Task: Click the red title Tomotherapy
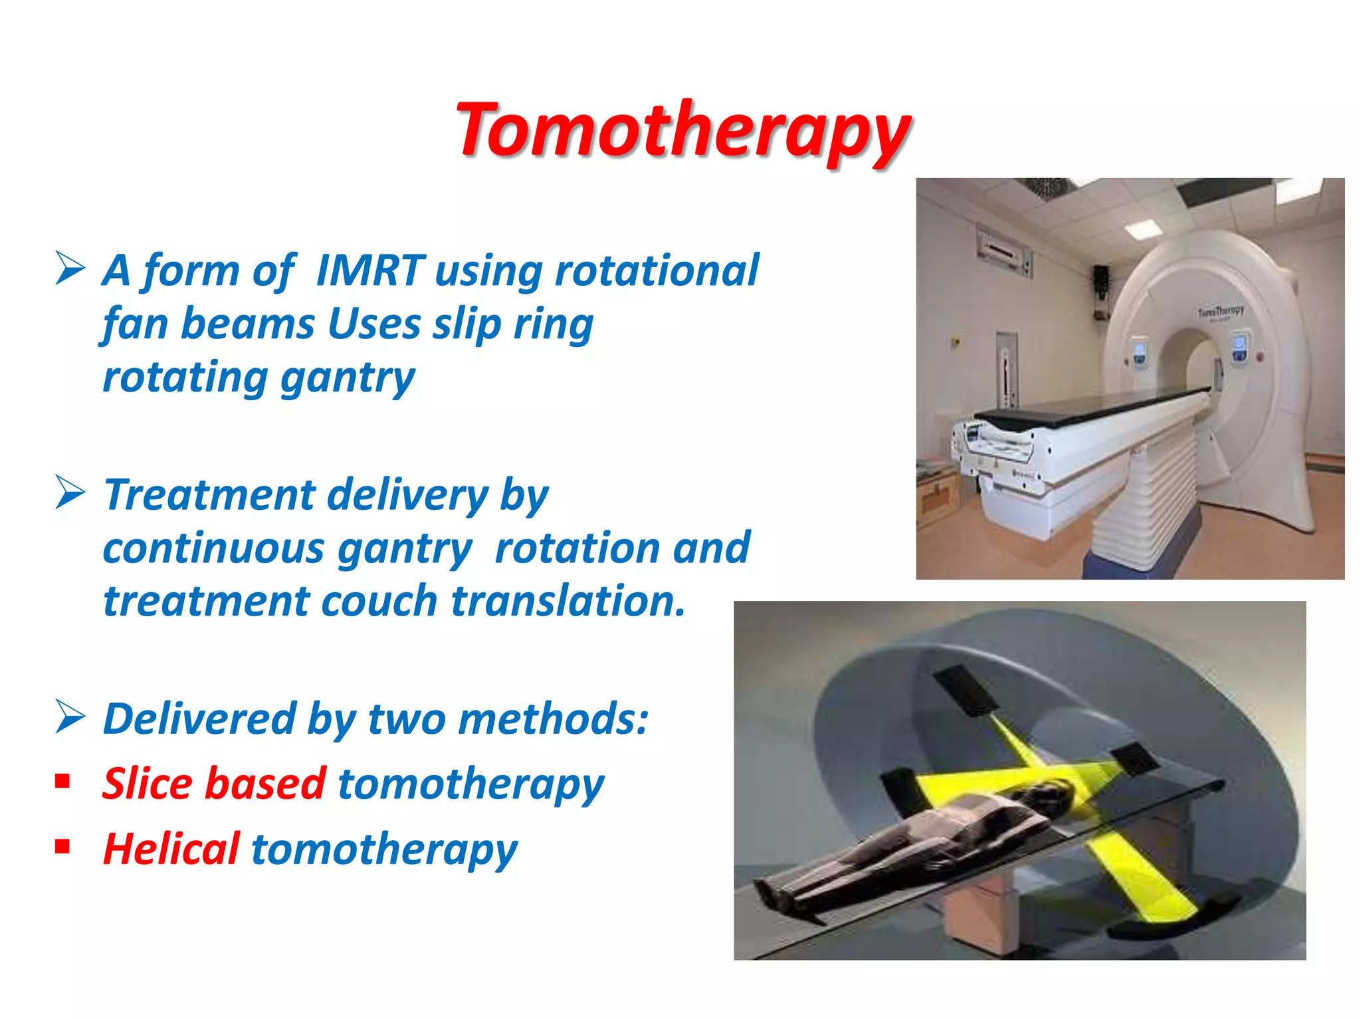[683, 130]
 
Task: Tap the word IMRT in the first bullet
[369, 271]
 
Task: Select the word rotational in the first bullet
[656, 271]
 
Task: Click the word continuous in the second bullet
[213, 549]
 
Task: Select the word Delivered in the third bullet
[199, 719]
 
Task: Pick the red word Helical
[171, 850]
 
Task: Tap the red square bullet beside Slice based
[63, 780]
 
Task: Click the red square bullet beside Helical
[63, 846]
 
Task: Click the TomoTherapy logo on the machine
[1221, 311]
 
